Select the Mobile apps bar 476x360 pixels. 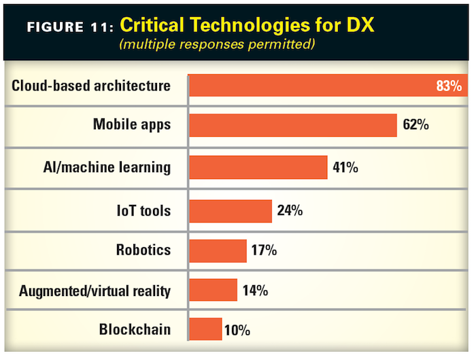[x=292, y=125]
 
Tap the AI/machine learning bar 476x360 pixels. [x=258, y=167]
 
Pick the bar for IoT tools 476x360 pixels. [x=230, y=210]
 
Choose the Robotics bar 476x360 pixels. [x=218, y=250]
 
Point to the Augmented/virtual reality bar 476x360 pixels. [x=213, y=290]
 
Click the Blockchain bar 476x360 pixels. [x=205, y=329]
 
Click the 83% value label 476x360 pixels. [x=449, y=86]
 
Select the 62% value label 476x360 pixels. [x=416, y=125]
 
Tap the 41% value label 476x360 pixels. [x=345, y=167]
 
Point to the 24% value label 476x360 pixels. [x=290, y=210]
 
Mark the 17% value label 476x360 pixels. [x=264, y=250]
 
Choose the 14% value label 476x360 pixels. [x=255, y=291]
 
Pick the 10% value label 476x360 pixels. [x=237, y=331]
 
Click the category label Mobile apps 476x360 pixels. [x=131, y=125]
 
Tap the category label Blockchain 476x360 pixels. [x=135, y=329]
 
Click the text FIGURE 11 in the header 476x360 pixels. [x=68, y=28]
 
